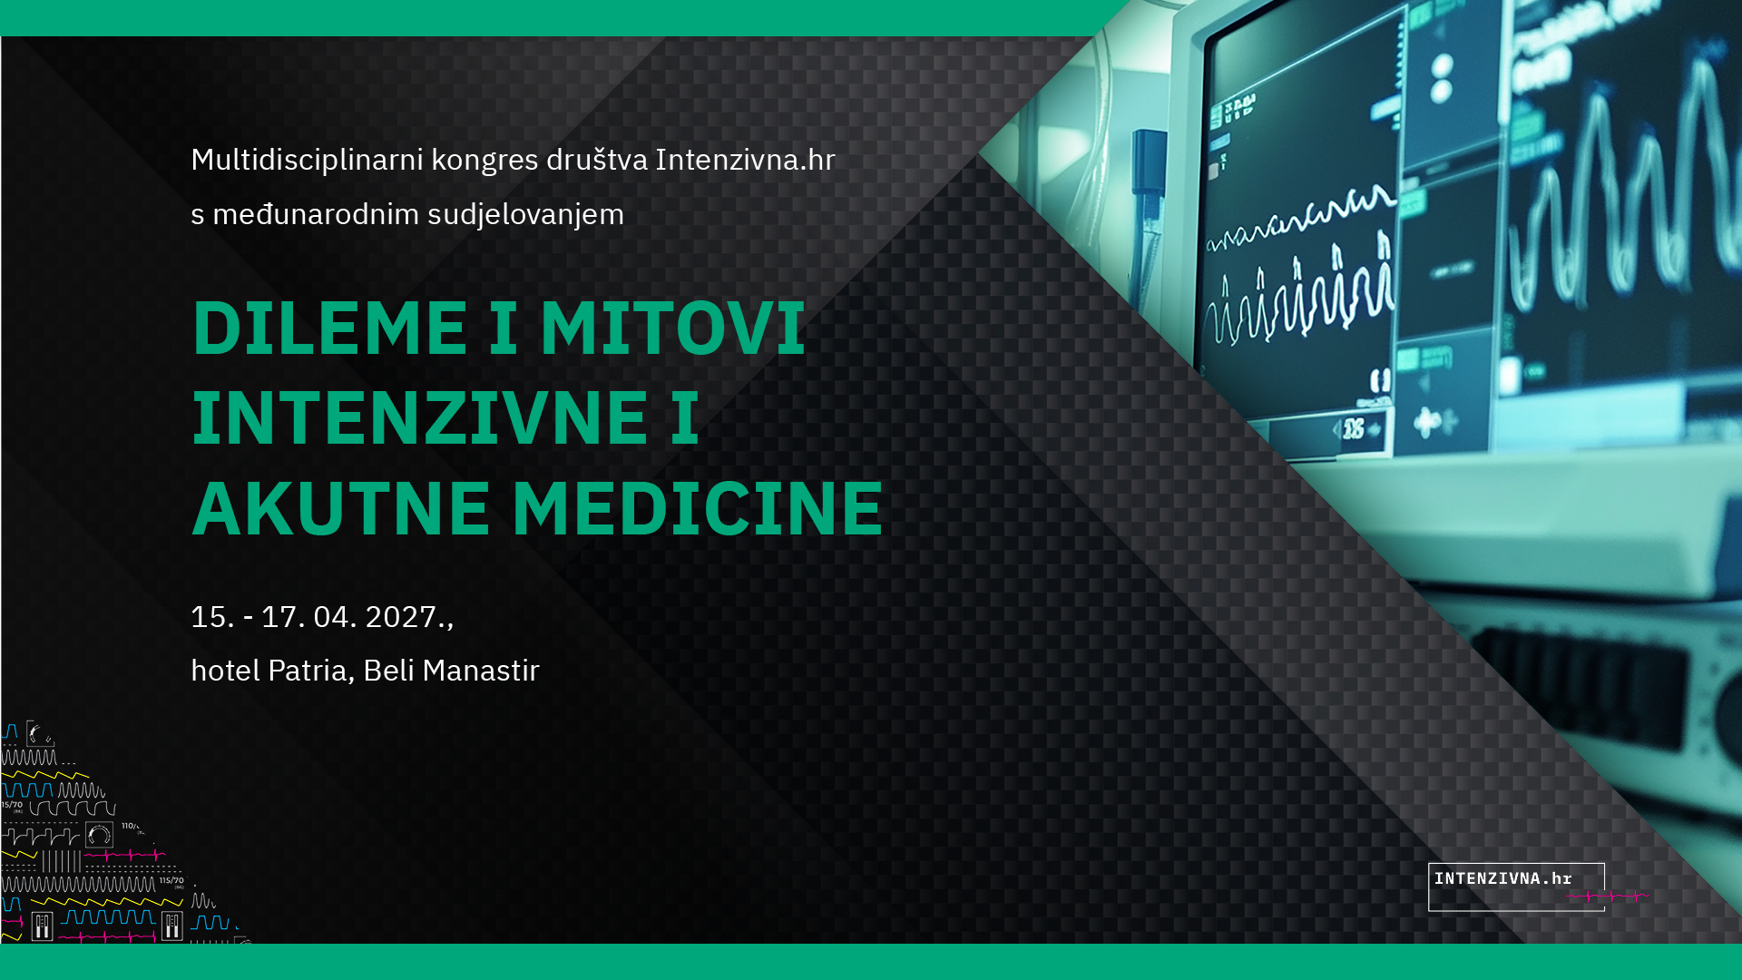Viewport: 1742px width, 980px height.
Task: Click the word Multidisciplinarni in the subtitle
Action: pyautogui.click(x=307, y=160)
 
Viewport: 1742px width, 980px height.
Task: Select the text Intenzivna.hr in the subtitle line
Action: pyautogui.click(x=745, y=160)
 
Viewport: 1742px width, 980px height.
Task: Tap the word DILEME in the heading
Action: pyautogui.click(x=329, y=328)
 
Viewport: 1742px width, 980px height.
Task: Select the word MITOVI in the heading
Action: pyautogui.click(x=672, y=328)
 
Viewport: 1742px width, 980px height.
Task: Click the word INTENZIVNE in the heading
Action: pyautogui.click(x=419, y=417)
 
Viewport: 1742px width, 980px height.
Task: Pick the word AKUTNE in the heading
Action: pyautogui.click(x=341, y=508)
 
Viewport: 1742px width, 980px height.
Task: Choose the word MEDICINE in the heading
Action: pyautogui.click(x=698, y=508)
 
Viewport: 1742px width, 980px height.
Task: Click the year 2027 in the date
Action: pyautogui.click(x=401, y=617)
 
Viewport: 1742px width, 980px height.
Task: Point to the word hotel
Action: pyautogui.click(x=225, y=671)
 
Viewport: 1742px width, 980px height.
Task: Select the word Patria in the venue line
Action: pyautogui.click(x=307, y=671)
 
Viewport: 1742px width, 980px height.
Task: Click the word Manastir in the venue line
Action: pyautogui.click(x=481, y=671)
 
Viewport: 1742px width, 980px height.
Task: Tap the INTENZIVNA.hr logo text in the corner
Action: pyautogui.click(x=1502, y=878)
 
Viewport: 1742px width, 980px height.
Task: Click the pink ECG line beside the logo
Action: pyautogui.click(x=1610, y=897)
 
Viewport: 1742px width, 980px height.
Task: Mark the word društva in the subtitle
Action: pyautogui.click(x=597, y=160)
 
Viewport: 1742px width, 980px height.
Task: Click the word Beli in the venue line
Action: pyautogui.click(x=389, y=671)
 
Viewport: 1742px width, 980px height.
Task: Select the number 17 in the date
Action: pyautogui.click(x=279, y=617)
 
